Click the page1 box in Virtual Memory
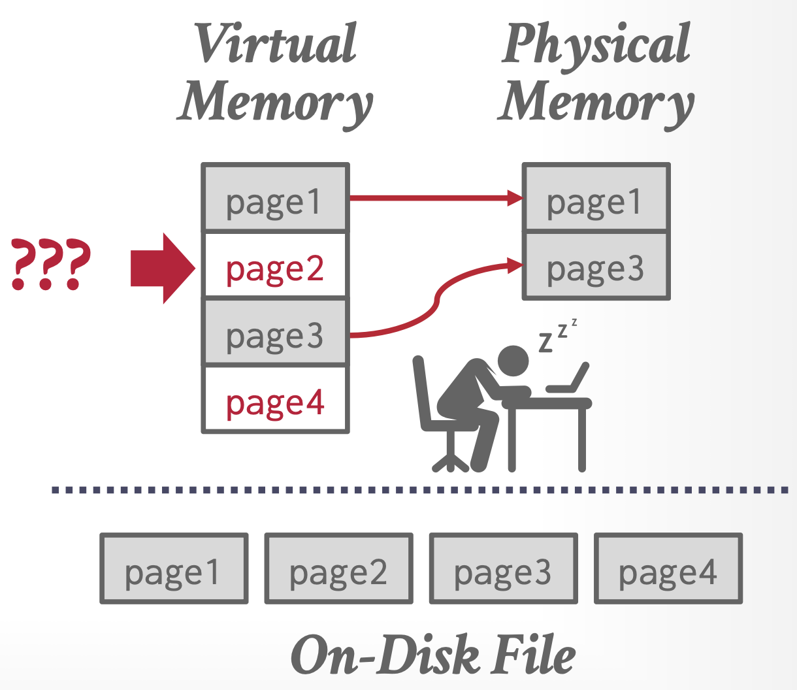click(x=275, y=199)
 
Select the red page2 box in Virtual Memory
click(x=275, y=266)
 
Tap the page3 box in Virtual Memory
click(x=275, y=333)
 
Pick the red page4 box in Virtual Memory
click(x=275, y=400)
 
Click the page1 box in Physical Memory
click(x=596, y=199)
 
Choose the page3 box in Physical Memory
click(x=596, y=266)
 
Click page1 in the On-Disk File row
click(x=174, y=568)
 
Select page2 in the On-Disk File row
click(x=338, y=568)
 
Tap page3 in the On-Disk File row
click(x=503, y=568)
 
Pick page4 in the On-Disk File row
click(x=668, y=568)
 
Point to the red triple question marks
click(x=50, y=265)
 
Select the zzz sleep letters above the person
click(x=557, y=333)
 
